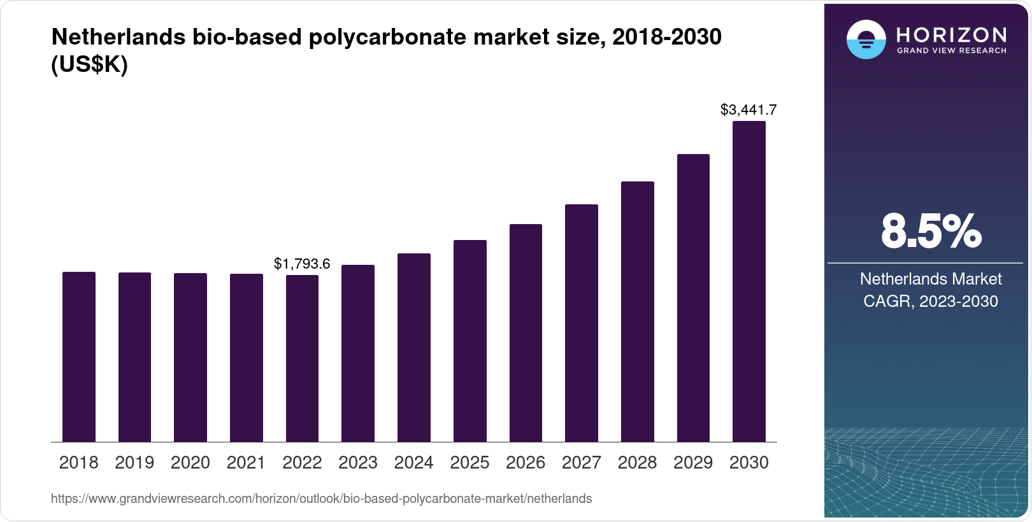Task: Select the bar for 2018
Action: pos(79,356)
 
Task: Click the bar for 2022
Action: pos(302,358)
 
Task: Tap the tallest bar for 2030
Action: pos(749,281)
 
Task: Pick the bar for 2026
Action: pos(526,333)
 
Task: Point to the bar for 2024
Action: pos(414,348)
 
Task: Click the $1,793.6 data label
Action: pos(302,264)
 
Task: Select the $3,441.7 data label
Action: pos(749,109)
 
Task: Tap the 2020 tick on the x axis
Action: pos(190,463)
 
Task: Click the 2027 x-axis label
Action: pos(581,463)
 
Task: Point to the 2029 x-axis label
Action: pos(693,463)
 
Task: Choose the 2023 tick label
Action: pos(358,463)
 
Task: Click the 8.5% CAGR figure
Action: pos(931,232)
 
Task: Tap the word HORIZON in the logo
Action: pos(952,34)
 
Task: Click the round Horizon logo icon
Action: pos(866,39)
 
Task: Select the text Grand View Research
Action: pos(952,51)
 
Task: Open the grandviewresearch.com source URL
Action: pos(321,499)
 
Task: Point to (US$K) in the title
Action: pos(89,65)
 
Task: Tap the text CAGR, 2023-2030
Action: pos(930,301)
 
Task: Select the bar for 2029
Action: pos(693,298)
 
